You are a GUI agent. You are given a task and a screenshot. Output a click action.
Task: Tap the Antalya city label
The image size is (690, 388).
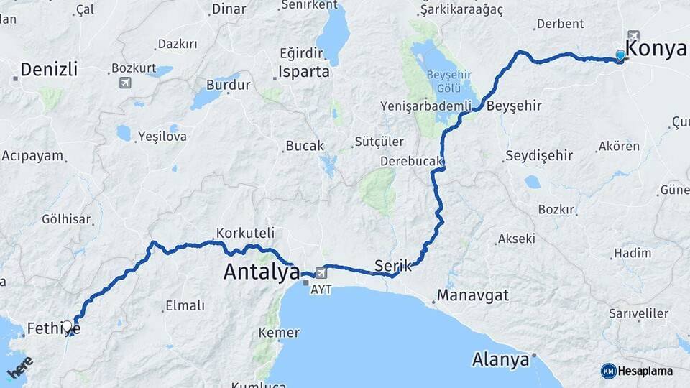pos(262,272)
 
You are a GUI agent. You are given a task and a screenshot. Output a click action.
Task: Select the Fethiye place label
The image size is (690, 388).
pos(52,329)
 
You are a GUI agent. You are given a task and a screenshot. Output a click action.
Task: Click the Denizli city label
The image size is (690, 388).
pos(48,70)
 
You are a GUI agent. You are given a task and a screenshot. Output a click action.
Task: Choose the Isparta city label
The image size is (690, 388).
pos(305,73)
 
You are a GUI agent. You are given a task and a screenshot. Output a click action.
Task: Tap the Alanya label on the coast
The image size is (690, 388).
pos(502,359)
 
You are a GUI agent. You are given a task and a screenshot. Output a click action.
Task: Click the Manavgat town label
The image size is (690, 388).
pos(472,295)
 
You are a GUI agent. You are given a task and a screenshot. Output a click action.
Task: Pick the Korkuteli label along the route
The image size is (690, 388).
pos(245,234)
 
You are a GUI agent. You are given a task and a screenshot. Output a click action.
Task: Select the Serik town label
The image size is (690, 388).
pos(393,265)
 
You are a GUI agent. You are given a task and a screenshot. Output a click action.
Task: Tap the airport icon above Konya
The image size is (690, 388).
pos(633,36)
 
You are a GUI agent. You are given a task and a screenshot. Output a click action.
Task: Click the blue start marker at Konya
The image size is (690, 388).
pos(620,55)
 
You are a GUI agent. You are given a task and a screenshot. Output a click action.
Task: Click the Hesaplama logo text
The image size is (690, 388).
pos(645,371)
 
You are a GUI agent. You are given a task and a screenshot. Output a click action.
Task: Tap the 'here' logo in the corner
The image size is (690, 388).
pos(20,367)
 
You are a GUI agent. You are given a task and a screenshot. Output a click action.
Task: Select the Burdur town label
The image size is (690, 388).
pos(228,85)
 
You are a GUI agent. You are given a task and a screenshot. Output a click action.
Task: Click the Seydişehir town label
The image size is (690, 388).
pos(538,155)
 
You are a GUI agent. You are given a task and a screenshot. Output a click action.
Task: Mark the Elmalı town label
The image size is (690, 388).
pos(184,306)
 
